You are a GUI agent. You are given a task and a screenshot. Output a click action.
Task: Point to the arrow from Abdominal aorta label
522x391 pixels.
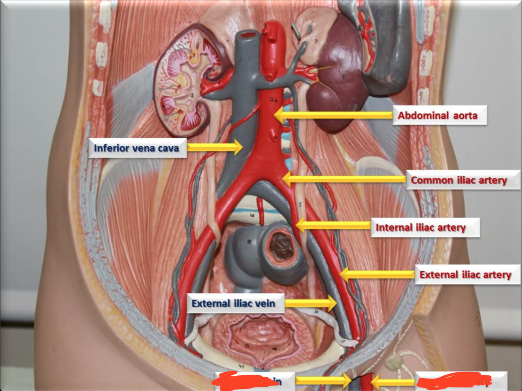[333, 115]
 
